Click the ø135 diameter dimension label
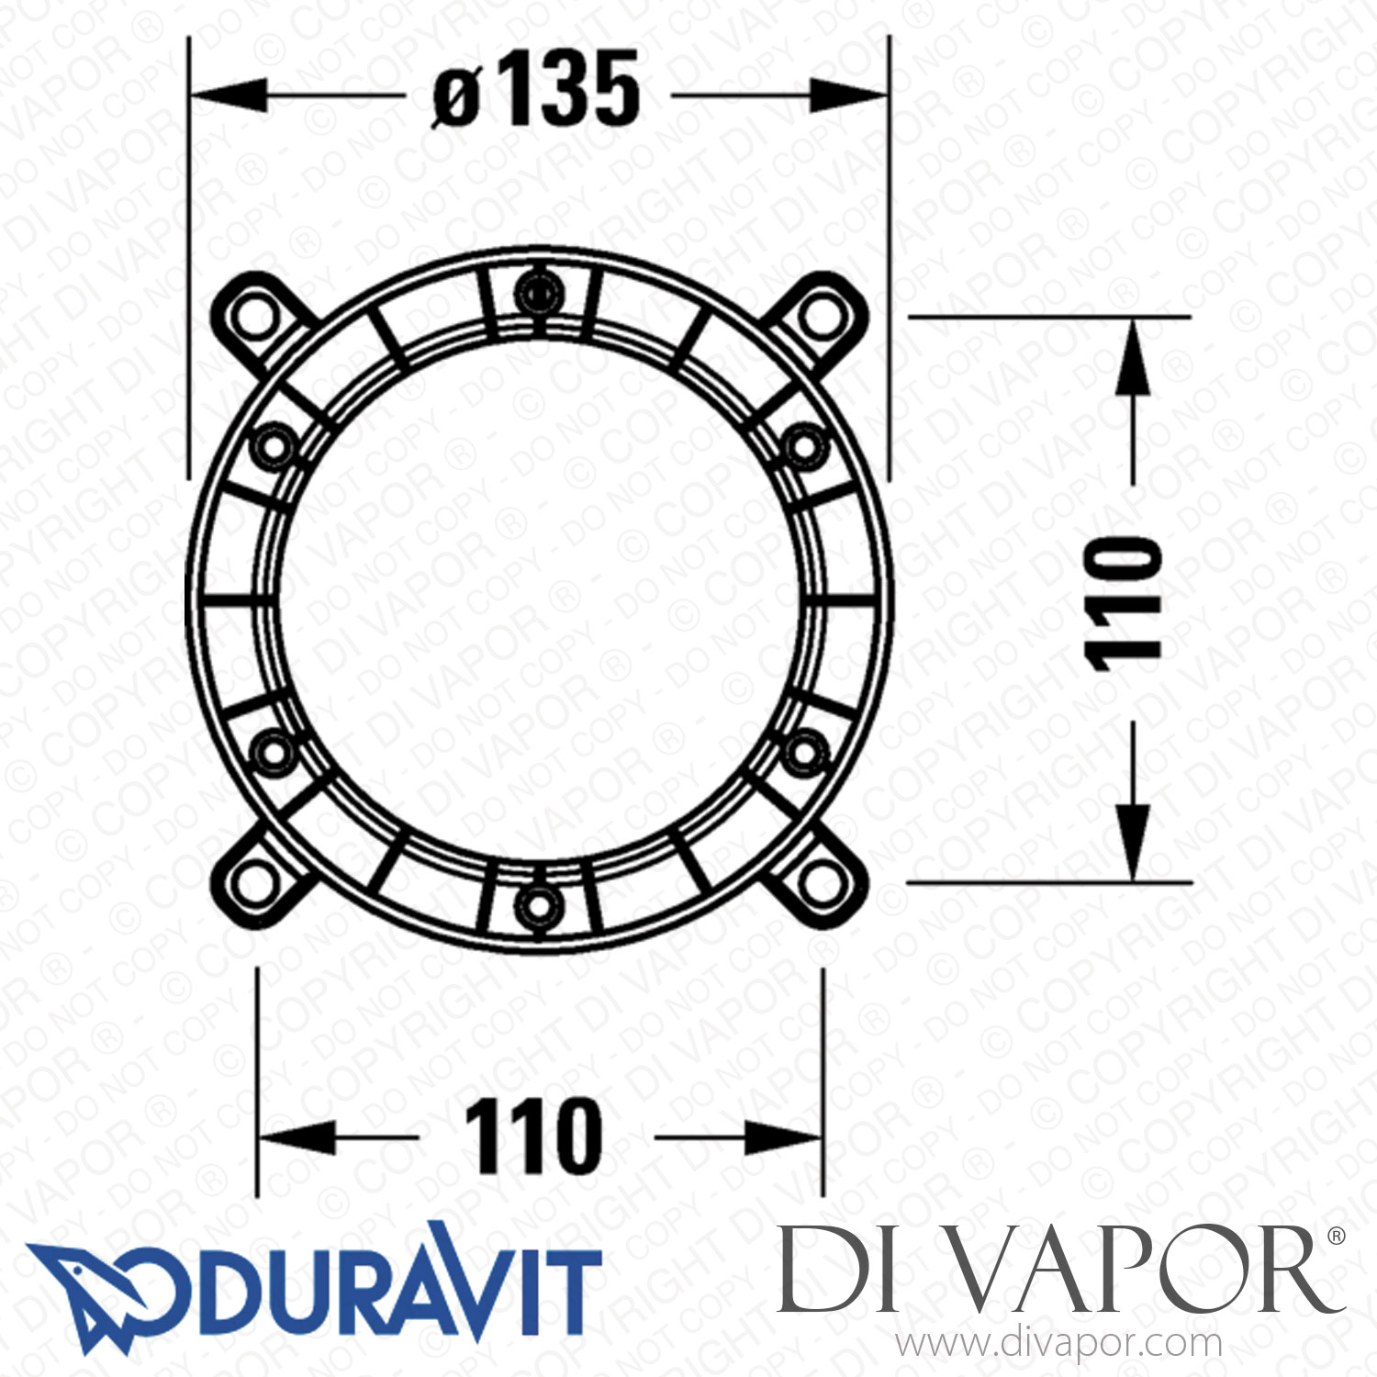[536, 90]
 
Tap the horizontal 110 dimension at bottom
[533, 1136]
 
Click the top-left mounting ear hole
[255, 318]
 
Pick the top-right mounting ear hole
[820, 318]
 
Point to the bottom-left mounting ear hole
[255, 882]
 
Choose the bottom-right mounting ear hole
[820, 882]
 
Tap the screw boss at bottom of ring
[537, 908]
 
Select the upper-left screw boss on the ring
[273, 447]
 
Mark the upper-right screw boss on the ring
[803, 447]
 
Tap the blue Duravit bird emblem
[101, 1294]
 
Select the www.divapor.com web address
[1058, 1344]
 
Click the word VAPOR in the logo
[1138, 1271]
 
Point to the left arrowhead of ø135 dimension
[225, 95]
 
